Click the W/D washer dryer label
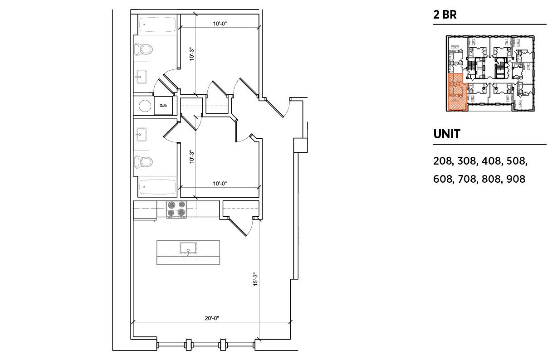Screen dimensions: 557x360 click(x=163, y=106)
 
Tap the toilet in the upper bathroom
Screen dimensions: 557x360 click(x=143, y=49)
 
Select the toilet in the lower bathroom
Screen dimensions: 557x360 click(x=143, y=162)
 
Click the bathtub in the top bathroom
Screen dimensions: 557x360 click(x=157, y=24)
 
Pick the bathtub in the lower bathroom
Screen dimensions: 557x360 click(x=157, y=187)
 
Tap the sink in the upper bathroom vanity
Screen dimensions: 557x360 click(x=141, y=78)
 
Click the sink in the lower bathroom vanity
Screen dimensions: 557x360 click(x=141, y=135)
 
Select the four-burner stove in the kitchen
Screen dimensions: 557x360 click(x=176, y=209)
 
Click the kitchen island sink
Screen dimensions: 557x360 click(x=188, y=248)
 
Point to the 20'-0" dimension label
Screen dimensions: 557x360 click(x=212, y=318)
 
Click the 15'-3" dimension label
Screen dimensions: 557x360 click(x=255, y=279)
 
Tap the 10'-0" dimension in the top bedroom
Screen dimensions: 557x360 click(x=220, y=24)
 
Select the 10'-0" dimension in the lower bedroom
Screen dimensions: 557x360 click(x=220, y=184)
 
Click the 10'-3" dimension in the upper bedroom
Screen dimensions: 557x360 click(x=191, y=54)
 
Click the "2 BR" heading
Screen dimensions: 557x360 click(x=445, y=15)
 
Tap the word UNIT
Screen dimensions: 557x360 click(x=447, y=134)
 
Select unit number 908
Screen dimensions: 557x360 click(x=516, y=179)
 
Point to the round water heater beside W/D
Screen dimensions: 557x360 click(x=145, y=106)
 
